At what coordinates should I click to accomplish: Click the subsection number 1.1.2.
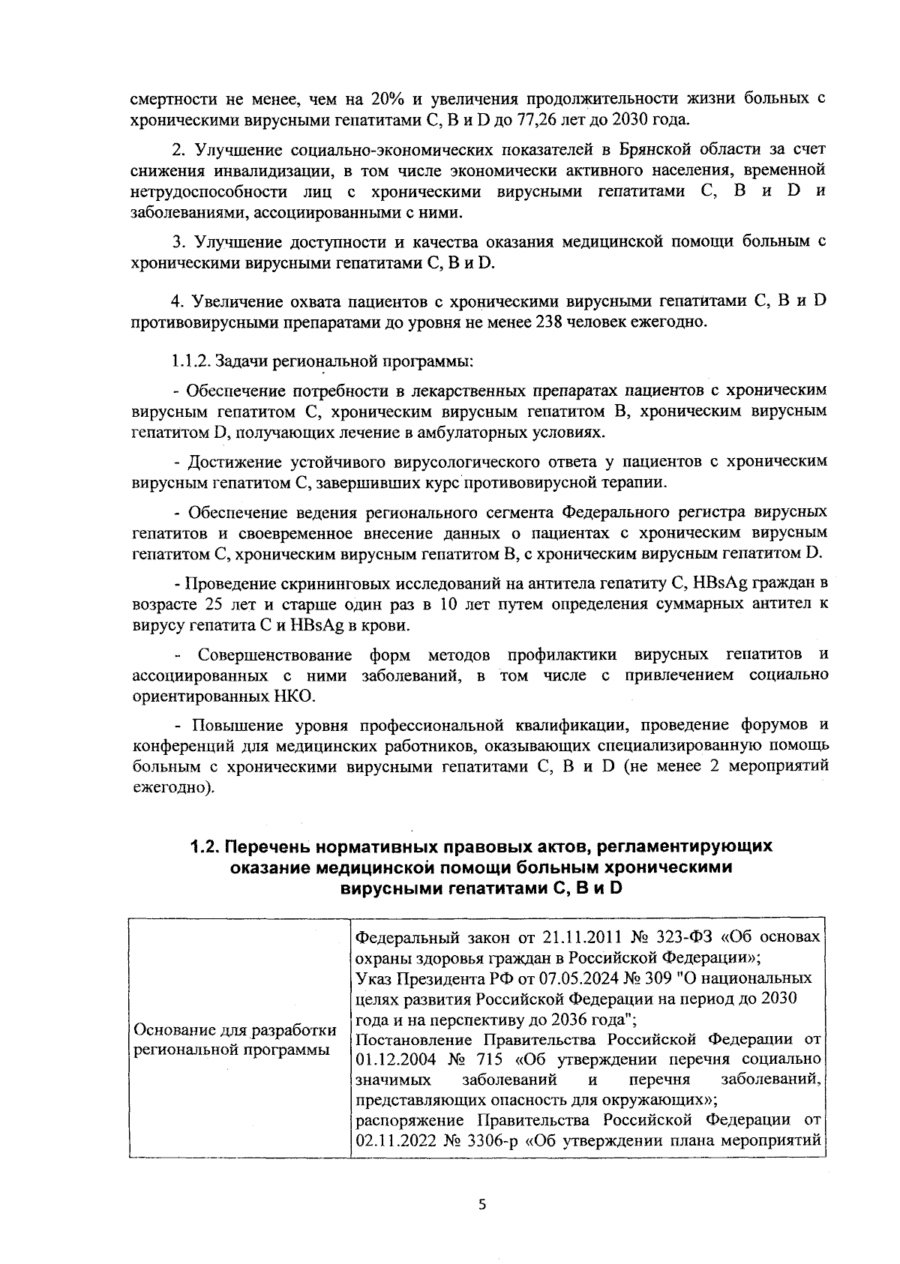coord(190,361)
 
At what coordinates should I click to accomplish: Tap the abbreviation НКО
coord(291,696)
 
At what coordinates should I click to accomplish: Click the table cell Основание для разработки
coord(234,1029)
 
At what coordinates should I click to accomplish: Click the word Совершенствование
coord(276,656)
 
